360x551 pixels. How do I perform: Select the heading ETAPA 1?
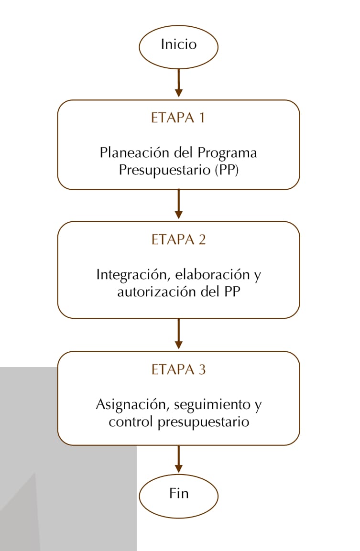tap(178, 118)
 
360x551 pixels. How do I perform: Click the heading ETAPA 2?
tap(179, 239)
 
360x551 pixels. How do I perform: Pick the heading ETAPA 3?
tap(179, 370)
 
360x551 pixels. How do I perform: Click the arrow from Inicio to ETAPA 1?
tap(179, 83)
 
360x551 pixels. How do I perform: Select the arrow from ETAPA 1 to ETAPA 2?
tap(179, 204)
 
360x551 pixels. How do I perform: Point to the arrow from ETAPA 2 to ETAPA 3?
tap(179, 334)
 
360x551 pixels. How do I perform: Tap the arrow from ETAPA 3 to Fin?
tap(179, 459)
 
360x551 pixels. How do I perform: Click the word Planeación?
tap(135, 153)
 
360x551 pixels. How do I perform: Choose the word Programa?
tap(227, 153)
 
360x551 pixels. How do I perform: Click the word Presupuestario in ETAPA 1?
tap(164, 171)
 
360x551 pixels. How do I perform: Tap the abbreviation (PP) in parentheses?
tap(227, 170)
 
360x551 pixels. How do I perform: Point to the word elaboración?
tap(212, 274)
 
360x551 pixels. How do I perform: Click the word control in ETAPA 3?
tap(131, 421)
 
